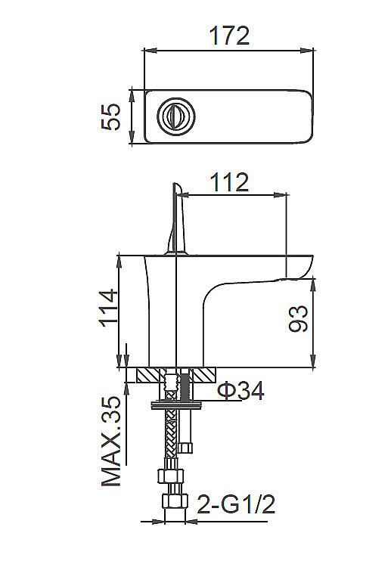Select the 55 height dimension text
coord(113,117)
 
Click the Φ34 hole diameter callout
coord(240,392)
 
